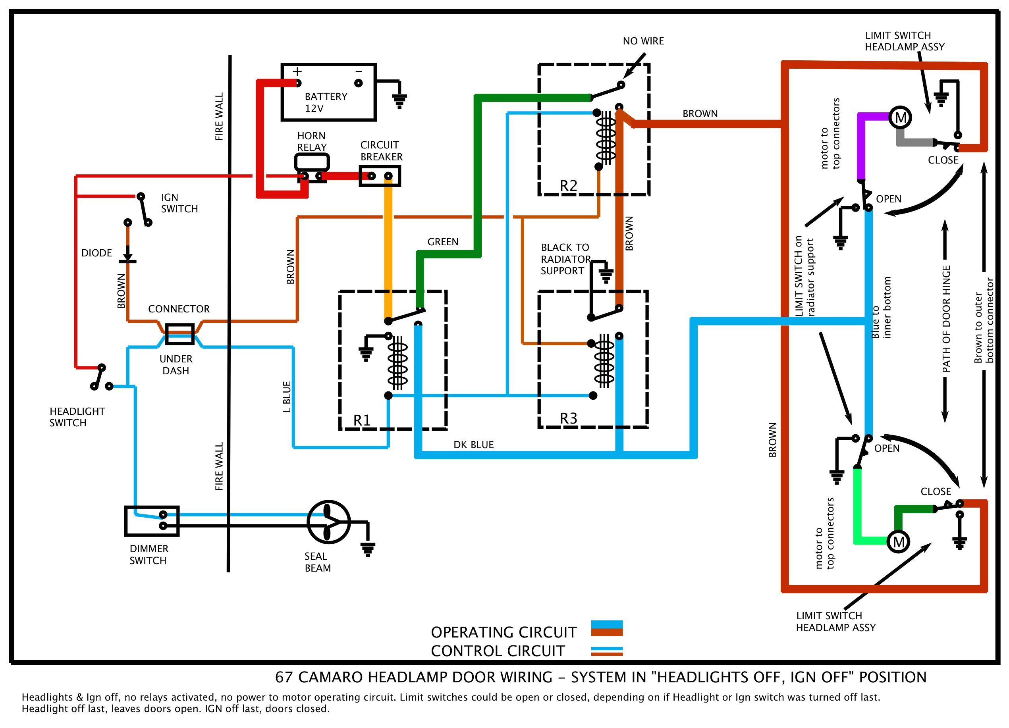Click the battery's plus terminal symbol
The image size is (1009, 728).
297,71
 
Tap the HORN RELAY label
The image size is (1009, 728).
311,141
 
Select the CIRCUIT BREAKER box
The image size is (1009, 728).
380,176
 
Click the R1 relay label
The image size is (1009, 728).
362,420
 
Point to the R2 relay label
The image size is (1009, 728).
568,186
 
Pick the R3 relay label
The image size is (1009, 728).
568,418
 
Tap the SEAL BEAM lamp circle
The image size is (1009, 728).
328,522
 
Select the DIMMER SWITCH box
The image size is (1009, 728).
152,521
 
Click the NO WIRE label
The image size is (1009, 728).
643,41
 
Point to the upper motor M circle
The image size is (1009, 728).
900,118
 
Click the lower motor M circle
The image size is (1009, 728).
898,542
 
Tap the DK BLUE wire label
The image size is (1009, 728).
473,445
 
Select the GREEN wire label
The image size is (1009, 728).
443,242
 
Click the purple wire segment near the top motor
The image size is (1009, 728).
861,147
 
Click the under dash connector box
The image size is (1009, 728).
179,334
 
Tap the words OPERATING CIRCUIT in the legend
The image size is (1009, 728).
503,632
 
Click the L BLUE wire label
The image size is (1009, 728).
287,397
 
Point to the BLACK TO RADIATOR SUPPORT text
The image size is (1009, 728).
565,259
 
